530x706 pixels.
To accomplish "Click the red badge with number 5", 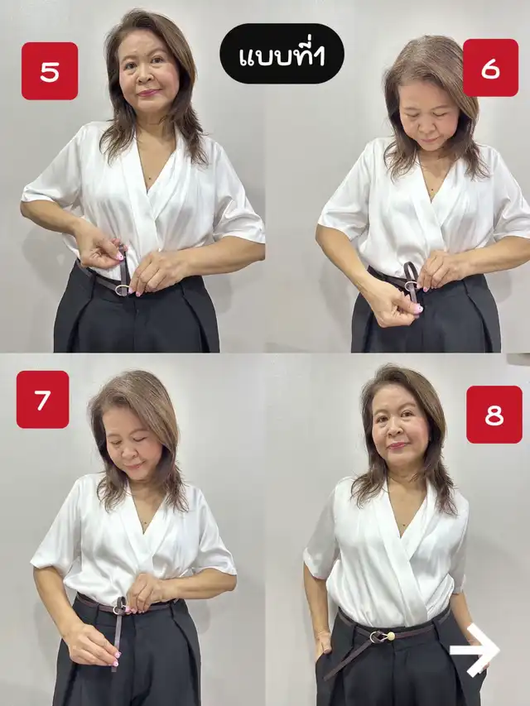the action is pyautogui.click(x=50, y=70).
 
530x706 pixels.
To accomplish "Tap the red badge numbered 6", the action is pyautogui.click(x=491, y=68).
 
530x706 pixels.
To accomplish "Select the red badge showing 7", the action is pyautogui.click(x=43, y=400).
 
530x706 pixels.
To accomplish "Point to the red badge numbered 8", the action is pyautogui.click(x=494, y=415).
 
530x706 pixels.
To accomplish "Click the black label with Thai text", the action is pyautogui.click(x=282, y=54).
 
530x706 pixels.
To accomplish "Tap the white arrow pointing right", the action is pyautogui.click(x=475, y=650).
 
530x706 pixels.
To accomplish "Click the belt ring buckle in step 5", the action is pyautogui.click(x=122, y=290).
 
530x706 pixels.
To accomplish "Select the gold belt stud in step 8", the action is pyautogui.click(x=390, y=636).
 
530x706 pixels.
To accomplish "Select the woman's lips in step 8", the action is pyautogui.click(x=397, y=446).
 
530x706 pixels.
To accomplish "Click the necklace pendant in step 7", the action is pyautogui.click(x=144, y=524).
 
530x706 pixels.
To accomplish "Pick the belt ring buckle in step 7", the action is pyautogui.click(x=119, y=610).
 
